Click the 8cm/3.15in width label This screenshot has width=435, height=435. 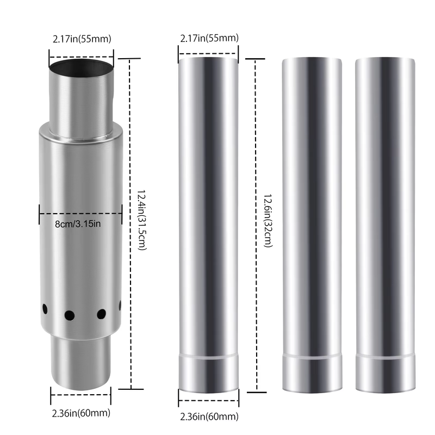tap(78, 223)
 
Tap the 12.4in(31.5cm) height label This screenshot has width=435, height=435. tap(142, 220)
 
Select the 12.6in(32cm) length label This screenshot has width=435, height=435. tap(268, 221)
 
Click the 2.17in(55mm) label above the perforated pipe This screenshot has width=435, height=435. tap(82, 39)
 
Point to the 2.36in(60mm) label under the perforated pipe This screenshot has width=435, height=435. tap(81, 413)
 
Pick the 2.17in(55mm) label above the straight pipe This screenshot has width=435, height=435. tap(209, 38)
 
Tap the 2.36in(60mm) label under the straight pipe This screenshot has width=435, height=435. tap(209, 417)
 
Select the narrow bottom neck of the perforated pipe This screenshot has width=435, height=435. tap(80, 361)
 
